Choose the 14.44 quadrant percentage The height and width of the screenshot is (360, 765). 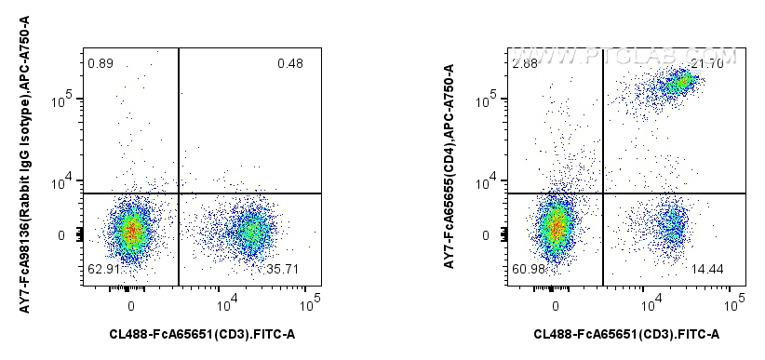tap(709, 269)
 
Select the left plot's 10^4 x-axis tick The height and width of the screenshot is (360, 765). tap(228, 302)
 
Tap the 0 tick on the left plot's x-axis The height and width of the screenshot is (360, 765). tap(131, 303)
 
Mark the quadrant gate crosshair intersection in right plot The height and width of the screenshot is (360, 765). tap(603, 193)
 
